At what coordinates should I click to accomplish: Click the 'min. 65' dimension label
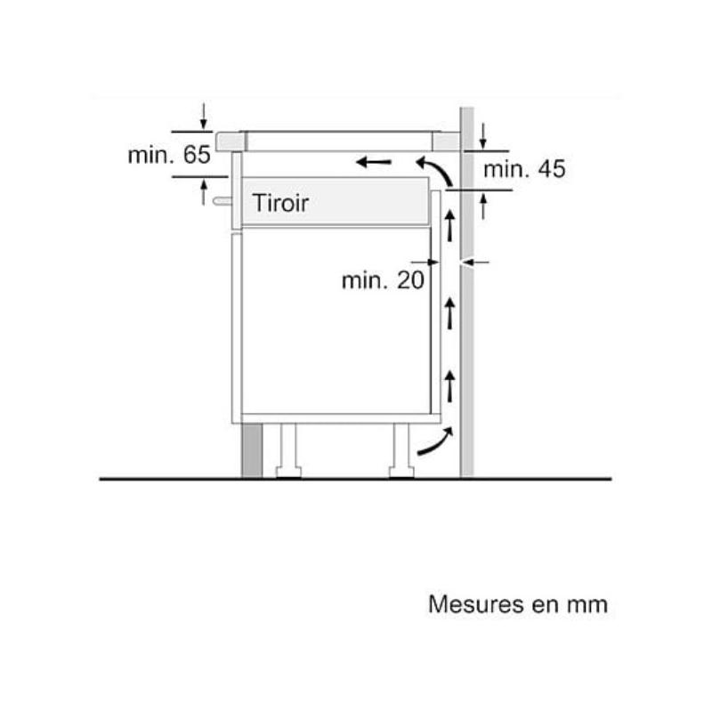coord(169,155)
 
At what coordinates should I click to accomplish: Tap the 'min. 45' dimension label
coord(524,169)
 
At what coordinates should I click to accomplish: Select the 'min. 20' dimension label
coord(383,280)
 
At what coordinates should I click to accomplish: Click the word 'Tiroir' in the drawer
coord(280,203)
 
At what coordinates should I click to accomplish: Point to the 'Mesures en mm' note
coord(518,604)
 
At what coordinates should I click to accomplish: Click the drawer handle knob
coord(222,200)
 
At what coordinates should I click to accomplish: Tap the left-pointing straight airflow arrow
coord(373,162)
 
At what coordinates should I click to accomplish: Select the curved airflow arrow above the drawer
coord(436,170)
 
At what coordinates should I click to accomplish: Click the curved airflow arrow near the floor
coord(437,441)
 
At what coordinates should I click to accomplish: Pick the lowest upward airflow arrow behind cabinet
coord(449,386)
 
